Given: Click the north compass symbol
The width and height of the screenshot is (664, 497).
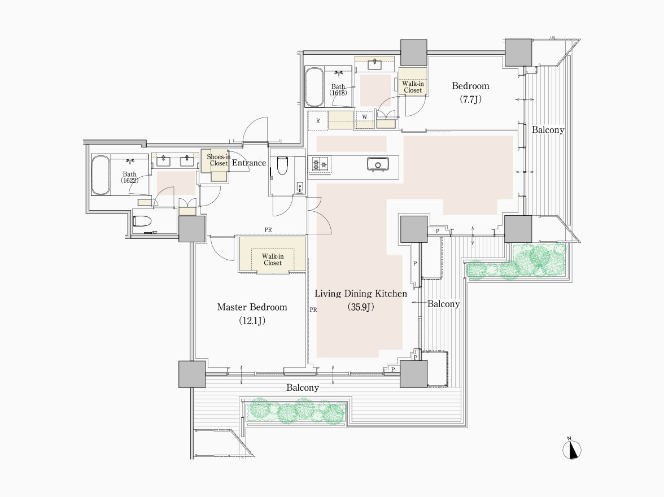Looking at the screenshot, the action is [x=571, y=449].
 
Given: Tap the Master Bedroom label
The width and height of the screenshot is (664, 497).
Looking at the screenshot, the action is [x=252, y=307].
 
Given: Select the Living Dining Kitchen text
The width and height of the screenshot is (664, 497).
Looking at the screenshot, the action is [x=361, y=294].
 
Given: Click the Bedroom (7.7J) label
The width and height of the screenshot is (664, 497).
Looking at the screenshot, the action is [x=470, y=93].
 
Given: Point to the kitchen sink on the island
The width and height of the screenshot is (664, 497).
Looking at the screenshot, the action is [x=378, y=164].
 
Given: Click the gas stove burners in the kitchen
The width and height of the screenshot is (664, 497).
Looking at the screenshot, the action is [x=320, y=164].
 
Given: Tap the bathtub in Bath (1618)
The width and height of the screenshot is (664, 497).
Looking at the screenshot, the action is [x=314, y=87].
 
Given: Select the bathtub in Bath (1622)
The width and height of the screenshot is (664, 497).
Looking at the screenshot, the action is [x=101, y=176].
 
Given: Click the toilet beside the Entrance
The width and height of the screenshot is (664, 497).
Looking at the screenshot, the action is [x=282, y=165].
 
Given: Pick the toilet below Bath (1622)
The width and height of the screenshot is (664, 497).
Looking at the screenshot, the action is [x=142, y=221].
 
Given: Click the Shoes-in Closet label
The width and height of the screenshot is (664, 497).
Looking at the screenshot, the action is [x=219, y=160].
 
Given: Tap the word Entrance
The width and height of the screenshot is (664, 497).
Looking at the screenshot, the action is [x=249, y=163].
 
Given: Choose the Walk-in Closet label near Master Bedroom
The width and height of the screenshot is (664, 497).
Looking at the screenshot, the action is [x=273, y=259].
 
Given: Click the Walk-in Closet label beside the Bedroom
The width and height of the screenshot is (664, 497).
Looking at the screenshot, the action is [x=413, y=87].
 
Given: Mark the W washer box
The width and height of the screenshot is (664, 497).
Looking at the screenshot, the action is [x=365, y=116].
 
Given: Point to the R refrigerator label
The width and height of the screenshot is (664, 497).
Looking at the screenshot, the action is [x=318, y=121].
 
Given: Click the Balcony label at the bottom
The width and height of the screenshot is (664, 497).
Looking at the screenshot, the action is [x=303, y=387].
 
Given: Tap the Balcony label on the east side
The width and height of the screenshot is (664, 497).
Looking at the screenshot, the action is [x=548, y=130].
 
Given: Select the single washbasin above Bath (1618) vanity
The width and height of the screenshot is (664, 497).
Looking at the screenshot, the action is [x=375, y=64].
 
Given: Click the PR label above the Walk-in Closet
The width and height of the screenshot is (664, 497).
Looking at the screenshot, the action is [x=268, y=230].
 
